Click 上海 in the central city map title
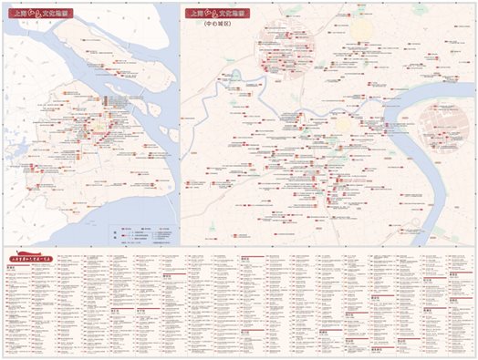point(194,15)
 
